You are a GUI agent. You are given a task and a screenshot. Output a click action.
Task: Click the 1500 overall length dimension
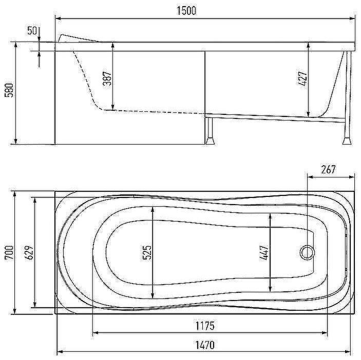click(x=186, y=11)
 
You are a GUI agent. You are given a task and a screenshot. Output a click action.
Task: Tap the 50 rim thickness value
click(x=32, y=31)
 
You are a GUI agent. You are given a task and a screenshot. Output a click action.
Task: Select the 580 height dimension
click(x=9, y=90)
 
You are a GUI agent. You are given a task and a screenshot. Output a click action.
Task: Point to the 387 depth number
click(x=107, y=78)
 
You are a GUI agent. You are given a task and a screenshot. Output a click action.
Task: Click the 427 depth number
click(x=303, y=78)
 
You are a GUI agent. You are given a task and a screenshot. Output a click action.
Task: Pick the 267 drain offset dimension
click(x=328, y=170)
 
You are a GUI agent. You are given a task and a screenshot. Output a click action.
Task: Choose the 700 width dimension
click(x=9, y=252)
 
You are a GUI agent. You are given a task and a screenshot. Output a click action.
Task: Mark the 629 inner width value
click(x=29, y=252)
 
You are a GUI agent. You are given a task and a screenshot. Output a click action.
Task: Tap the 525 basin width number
click(x=147, y=252)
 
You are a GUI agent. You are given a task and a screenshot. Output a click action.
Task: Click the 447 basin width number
click(x=264, y=253)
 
